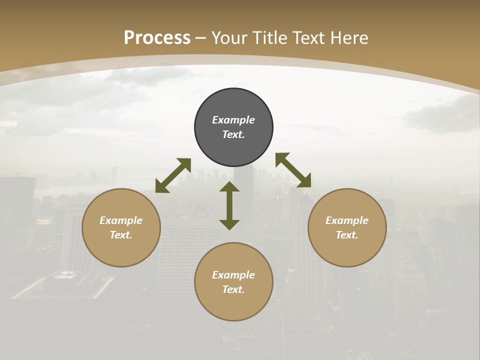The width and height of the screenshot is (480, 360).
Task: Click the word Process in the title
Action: click(x=157, y=38)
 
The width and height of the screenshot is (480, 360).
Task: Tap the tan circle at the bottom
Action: click(x=233, y=305)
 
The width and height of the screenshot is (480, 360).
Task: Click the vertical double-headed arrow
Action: click(x=229, y=205)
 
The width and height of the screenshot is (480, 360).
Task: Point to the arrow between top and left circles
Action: click(x=173, y=175)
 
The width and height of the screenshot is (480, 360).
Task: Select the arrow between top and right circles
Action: click(x=293, y=170)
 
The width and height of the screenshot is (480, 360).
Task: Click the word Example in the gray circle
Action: click(x=233, y=120)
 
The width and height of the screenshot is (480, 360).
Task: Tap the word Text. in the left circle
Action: click(x=121, y=235)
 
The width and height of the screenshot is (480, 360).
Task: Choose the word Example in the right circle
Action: click(x=347, y=220)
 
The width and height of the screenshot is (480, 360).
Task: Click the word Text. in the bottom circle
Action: click(x=233, y=289)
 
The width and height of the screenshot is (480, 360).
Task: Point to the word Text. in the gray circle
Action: click(x=233, y=134)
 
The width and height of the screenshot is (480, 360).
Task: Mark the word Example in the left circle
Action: click(x=121, y=220)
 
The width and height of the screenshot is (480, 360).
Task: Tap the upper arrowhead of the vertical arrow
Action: click(x=229, y=187)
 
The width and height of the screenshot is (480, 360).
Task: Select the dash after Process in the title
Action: click(x=201, y=38)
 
